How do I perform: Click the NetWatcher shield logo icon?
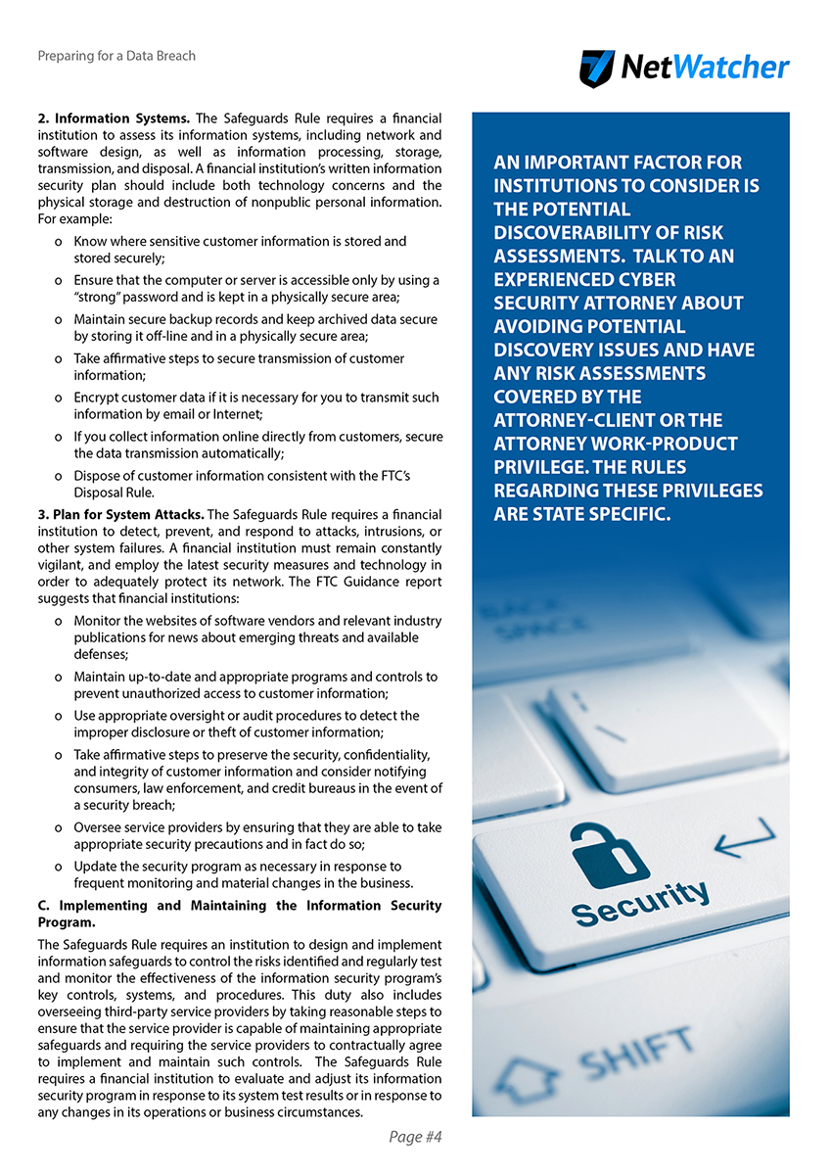(597, 69)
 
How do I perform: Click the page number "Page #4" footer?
(416, 1137)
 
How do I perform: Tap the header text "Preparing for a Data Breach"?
(116, 56)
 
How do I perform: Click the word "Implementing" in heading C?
(101, 906)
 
